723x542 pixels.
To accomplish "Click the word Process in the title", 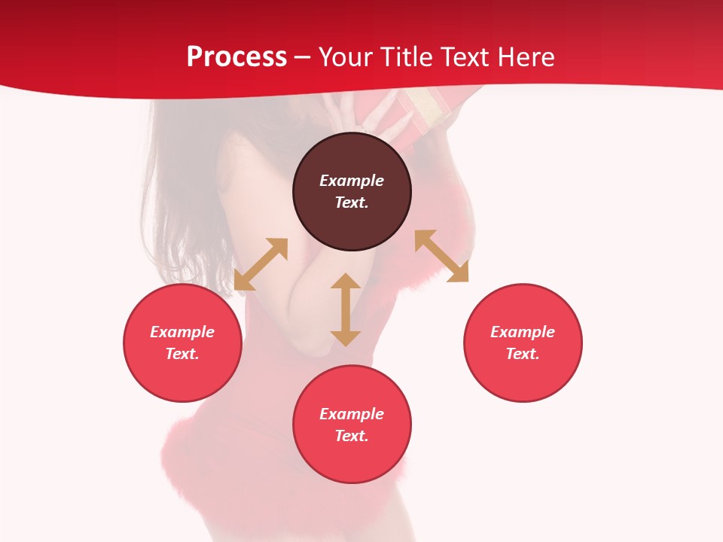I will (236, 57).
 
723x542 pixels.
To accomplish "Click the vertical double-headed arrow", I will (346, 309).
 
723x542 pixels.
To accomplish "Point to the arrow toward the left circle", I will (261, 264).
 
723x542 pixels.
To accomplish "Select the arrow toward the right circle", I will (442, 256).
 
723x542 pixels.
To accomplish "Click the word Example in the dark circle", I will (352, 181).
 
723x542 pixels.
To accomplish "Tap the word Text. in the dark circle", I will (352, 202).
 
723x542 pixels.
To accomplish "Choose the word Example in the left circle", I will (182, 332).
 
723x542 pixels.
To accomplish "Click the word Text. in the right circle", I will (523, 354).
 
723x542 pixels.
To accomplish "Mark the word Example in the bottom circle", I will (352, 414).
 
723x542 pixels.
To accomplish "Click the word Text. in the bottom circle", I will (352, 436).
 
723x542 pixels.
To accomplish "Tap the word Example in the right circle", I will (523, 332).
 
